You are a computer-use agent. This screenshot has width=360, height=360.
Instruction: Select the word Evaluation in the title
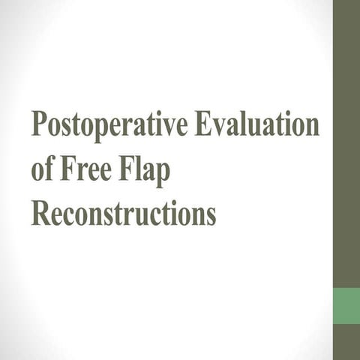coord(257,123)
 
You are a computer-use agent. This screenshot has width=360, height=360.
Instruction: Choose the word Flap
coord(144,171)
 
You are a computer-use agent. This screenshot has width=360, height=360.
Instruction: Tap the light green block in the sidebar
coord(346,306)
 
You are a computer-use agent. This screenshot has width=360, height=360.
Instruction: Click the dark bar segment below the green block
coord(346,342)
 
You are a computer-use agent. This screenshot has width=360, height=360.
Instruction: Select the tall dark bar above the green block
coord(346,144)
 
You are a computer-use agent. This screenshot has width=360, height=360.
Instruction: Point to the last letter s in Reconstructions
coord(211,217)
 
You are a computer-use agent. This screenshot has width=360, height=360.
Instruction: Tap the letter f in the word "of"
coord(49,168)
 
